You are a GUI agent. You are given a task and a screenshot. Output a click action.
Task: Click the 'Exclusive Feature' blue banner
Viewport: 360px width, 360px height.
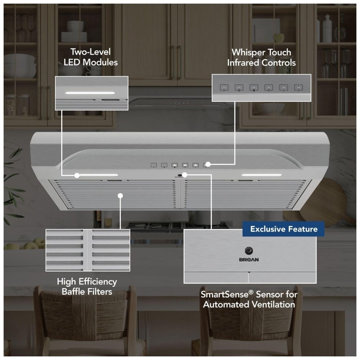point(283,229)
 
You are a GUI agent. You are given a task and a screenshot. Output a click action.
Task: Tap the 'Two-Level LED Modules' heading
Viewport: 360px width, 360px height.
point(90,57)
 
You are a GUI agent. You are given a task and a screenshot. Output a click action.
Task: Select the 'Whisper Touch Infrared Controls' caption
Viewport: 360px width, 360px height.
point(261,57)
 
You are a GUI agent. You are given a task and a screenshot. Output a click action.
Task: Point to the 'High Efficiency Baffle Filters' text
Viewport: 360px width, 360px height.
point(87,286)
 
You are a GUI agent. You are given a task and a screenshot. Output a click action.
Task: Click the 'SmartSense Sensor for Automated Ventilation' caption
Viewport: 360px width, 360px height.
point(249,299)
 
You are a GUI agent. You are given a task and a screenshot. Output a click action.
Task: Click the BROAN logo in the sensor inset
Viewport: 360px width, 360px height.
point(249,260)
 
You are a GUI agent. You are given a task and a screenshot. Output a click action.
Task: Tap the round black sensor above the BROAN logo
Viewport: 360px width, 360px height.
point(249,251)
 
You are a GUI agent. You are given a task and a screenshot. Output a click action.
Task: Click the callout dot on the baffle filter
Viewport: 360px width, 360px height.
point(120,195)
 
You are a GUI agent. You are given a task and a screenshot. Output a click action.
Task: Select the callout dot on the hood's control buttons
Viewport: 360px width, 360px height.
point(208,164)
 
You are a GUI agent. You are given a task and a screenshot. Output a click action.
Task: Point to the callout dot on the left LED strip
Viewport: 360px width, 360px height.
point(77,175)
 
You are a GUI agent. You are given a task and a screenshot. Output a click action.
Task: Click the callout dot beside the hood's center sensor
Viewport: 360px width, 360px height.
point(185,175)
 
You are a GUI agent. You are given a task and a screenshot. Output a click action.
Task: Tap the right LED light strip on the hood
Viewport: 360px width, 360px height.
point(262,175)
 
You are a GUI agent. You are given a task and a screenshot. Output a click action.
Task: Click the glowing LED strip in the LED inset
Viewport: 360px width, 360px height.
point(90,93)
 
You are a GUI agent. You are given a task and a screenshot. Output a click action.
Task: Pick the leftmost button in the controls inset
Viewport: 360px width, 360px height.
point(224,88)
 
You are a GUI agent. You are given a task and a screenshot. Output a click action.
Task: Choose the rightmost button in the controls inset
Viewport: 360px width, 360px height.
point(298,88)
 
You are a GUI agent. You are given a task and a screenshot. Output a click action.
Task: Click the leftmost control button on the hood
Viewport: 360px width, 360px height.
point(154,165)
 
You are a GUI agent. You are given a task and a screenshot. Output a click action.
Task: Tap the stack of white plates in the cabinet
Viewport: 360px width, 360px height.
point(74,37)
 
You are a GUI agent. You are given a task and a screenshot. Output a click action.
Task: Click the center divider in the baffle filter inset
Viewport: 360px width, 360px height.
point(87,250)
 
